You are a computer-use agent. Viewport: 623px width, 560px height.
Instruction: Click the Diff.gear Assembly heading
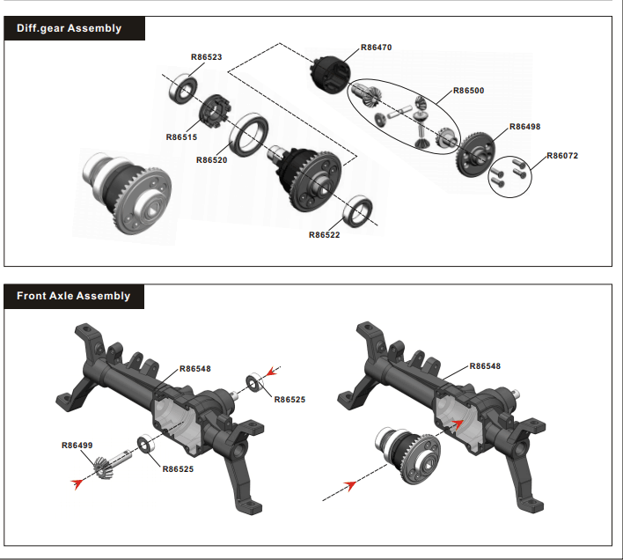click(x=69, y=28)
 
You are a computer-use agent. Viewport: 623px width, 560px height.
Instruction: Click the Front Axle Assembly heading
click(x=73, y=296)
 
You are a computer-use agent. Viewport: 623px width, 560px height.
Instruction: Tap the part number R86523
click(x=207, y=56)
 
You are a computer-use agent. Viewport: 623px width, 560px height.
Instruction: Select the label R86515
click(x=181, y=137)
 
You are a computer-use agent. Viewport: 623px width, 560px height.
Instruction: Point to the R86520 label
click(x=212, y=160)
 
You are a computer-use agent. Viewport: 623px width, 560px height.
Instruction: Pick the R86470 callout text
click(x=376, y=48)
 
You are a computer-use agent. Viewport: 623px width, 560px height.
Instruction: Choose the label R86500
click(x=468, y=91)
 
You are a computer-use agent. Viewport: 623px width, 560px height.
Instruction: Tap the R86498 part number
click(x=524, y=127)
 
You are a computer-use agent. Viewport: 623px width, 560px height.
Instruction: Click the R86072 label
click(x=563, y=156)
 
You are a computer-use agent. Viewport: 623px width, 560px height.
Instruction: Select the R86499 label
click(x=77, y=446)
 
